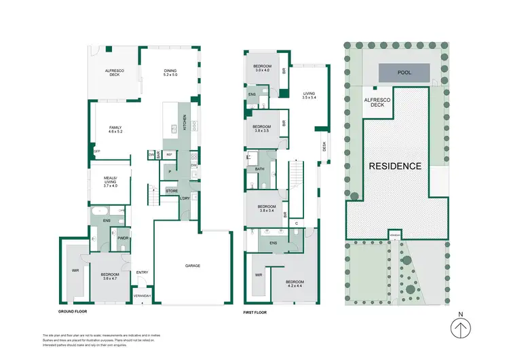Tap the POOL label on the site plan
tap(404, 71)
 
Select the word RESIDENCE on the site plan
tap(396, 166)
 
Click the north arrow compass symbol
tap(461, 329)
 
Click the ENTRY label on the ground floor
tap(142, 272)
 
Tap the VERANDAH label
tap(142, 295)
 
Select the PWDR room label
tap(123, 238)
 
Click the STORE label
tap(172, 192)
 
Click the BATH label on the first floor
tap(259, 169)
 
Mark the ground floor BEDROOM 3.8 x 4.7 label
tap(107, 276)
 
